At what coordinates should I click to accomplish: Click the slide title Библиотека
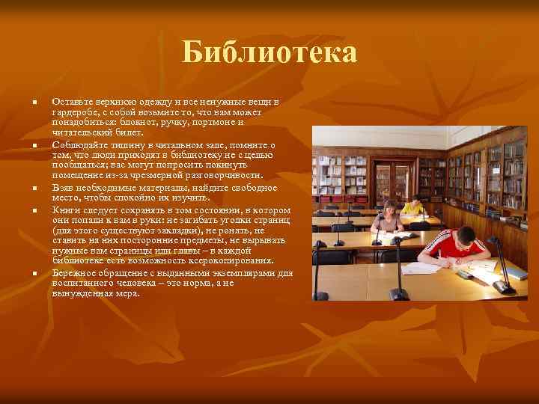tap(269, 53)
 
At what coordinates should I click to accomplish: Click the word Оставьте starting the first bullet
tap(71, 100)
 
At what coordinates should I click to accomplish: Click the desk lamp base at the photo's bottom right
tap(505, 287)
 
